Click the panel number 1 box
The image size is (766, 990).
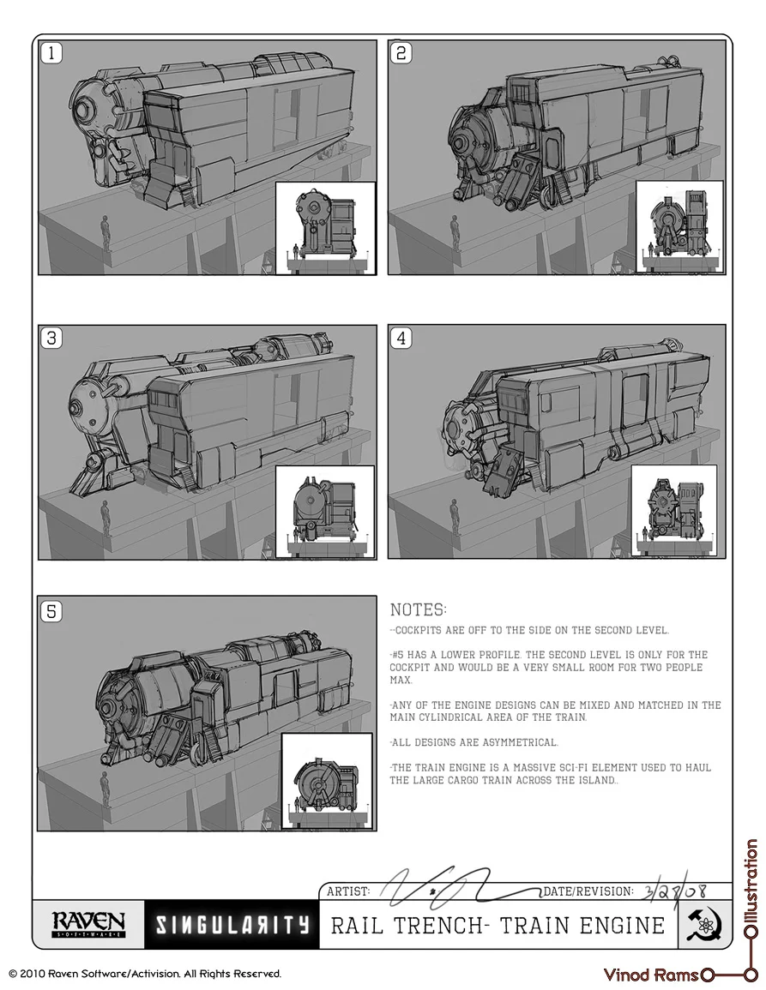click(51, 53)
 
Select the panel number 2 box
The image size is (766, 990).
click(401, 53)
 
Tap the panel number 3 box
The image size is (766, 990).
click(51, 338)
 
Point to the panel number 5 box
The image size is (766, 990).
click(51, 611)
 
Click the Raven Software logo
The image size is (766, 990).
click(88, 924)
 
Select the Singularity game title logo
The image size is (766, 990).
click(232, 925)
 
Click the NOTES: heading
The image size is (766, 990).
click(418, 610)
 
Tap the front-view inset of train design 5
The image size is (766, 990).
click(327, 782)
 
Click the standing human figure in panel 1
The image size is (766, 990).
click(106, 231)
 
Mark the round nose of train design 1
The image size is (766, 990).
click(84, 110)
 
